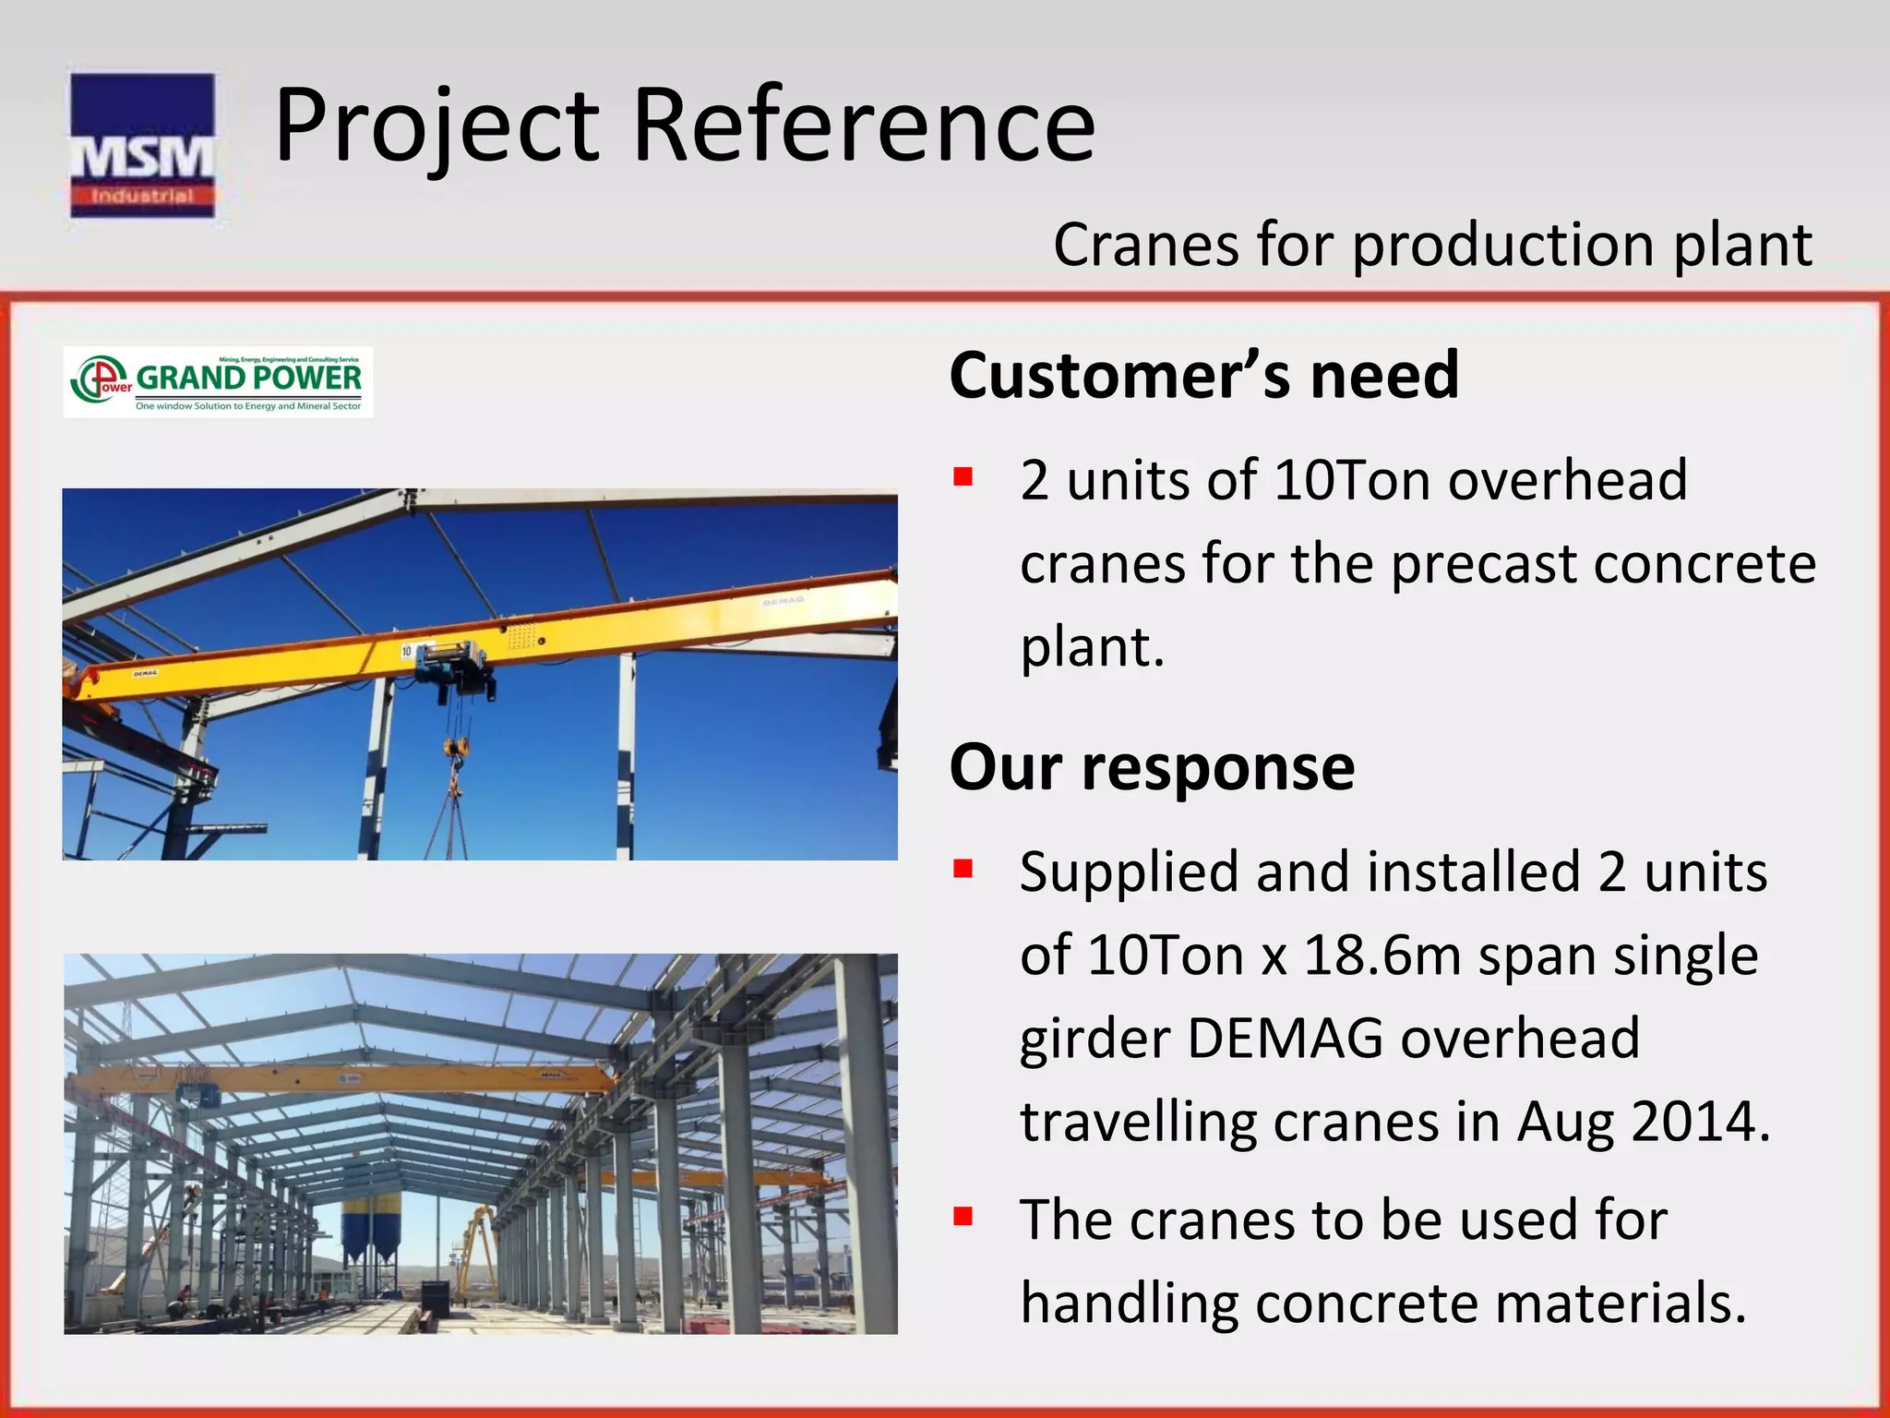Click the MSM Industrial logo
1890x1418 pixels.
142,146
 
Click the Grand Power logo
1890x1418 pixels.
219,382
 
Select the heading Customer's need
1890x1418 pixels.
1203,376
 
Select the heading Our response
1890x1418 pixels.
1152,767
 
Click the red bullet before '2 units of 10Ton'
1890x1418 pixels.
963,477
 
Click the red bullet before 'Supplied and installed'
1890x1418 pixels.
963,869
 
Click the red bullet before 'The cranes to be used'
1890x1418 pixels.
963,1216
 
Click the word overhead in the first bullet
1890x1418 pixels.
1567,481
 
